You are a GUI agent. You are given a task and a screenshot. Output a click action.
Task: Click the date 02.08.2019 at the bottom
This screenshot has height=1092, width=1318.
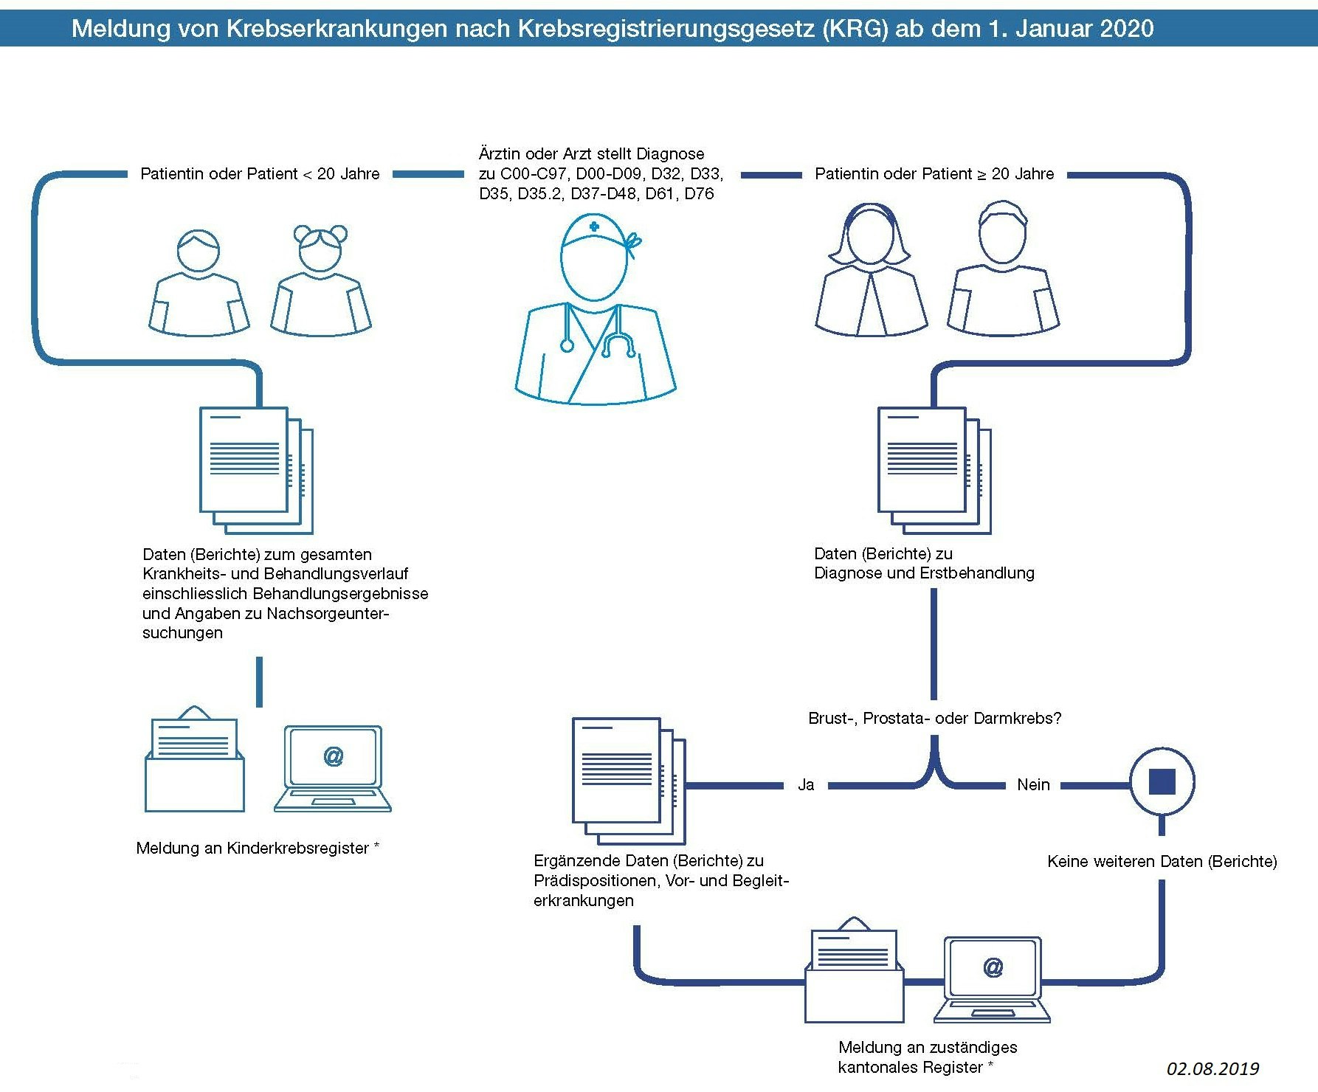tap(1212, 1068)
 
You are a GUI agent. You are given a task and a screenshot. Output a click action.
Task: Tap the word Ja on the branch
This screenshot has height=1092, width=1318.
tap(806, 785)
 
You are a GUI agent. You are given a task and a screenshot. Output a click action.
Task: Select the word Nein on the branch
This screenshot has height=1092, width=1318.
tap(1033, 785)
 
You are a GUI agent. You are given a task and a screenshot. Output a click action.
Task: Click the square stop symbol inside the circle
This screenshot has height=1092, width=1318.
tap(1162, 781)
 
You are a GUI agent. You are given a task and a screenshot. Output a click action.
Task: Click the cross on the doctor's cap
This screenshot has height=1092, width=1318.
tap(594, 227)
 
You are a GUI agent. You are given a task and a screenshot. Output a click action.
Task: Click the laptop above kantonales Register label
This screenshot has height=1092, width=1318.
tap(993, 980)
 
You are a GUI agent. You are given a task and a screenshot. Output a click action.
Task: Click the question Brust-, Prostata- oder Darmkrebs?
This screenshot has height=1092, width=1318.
tap(934, 719)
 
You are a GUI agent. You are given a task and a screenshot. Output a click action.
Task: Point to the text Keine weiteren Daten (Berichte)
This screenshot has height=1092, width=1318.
tap(1162, 862)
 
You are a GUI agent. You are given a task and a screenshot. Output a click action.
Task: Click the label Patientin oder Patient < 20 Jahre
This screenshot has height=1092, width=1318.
tap(260, 174)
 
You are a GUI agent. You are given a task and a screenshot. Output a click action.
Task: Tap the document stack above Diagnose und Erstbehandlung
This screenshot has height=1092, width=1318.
tap(934, 470)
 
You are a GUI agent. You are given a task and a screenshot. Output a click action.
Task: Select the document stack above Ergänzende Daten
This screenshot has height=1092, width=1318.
tap(628, 781)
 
